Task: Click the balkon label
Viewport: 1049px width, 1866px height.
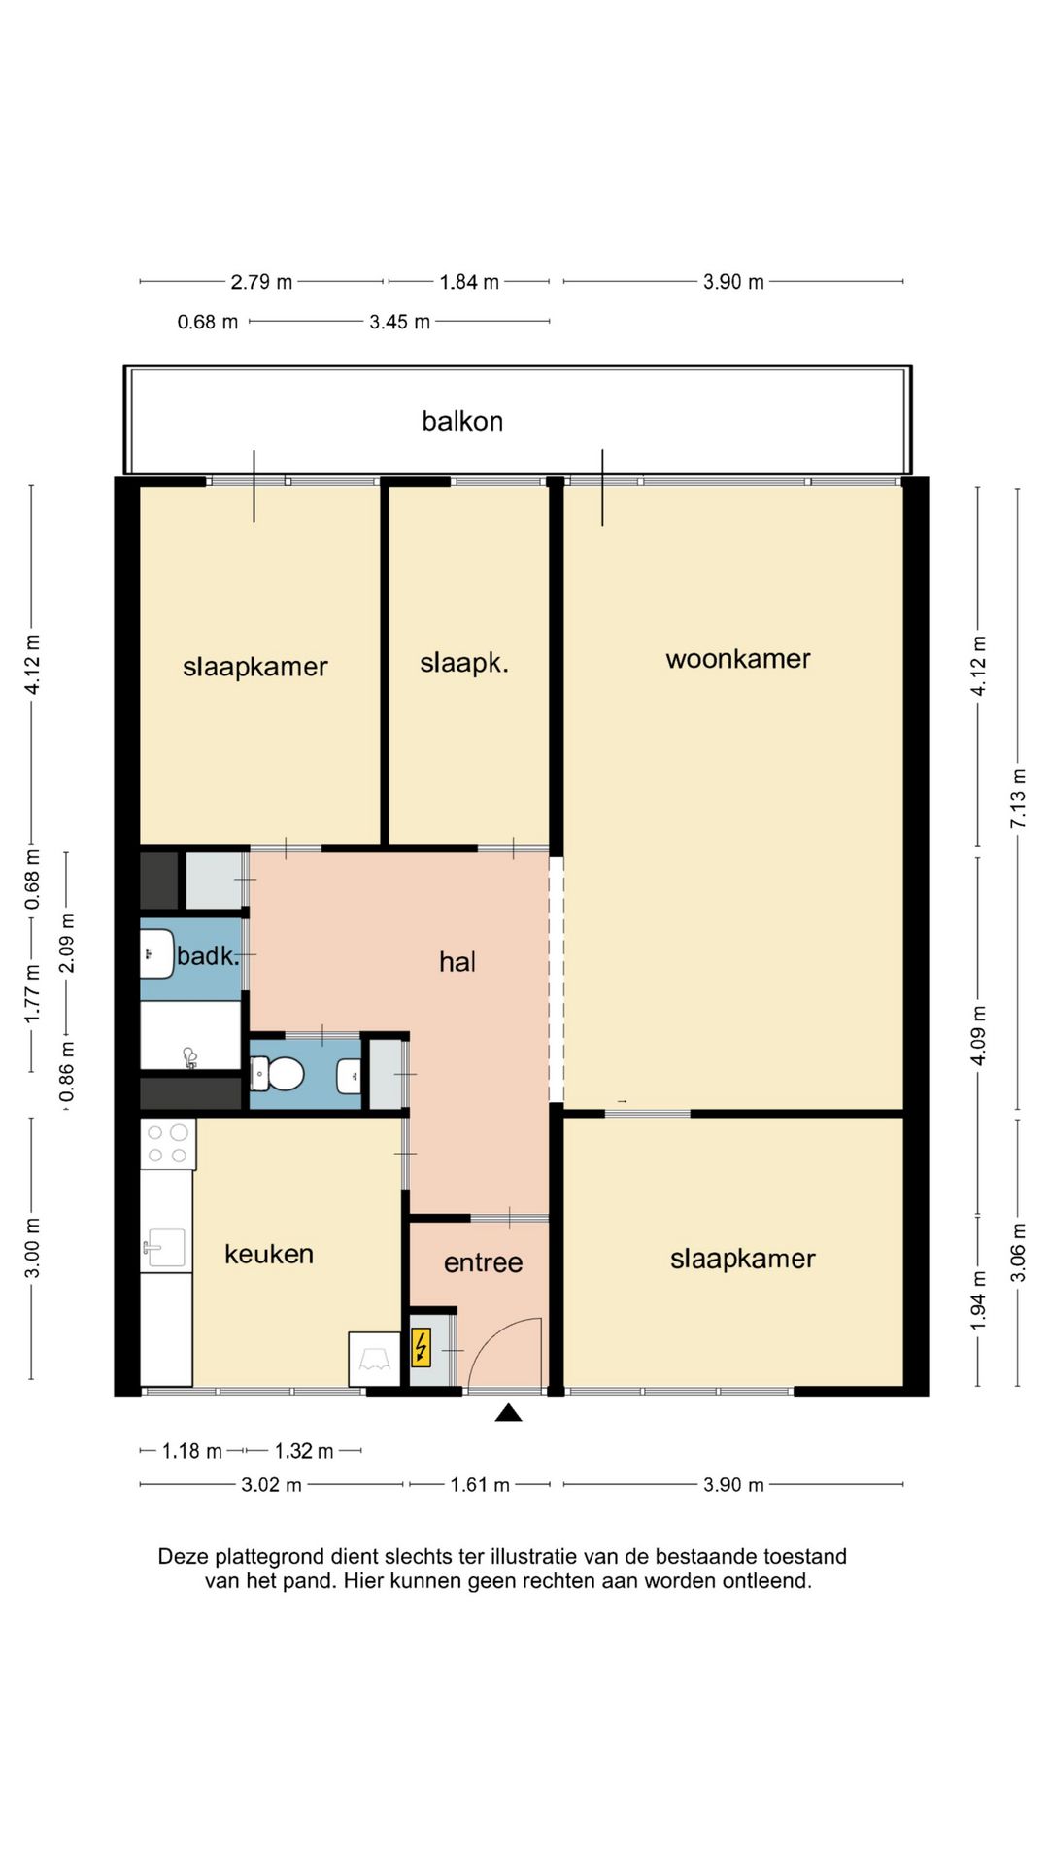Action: click(462, 422)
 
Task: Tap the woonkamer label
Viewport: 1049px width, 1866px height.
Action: click(738, 659)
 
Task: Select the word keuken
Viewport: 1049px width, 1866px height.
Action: click(269, 1254)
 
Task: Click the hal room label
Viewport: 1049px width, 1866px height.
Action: click(457, 962)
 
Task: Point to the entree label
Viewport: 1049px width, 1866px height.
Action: click(484, 1262)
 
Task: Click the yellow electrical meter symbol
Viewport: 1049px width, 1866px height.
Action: click(421, 1348)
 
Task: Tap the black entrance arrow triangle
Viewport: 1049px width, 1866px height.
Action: click(508, 1412)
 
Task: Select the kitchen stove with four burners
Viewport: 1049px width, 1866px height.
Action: click(168, 1144)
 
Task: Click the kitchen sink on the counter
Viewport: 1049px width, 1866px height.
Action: click(166, 1248)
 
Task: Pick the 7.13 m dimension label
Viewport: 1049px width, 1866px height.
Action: click(1018, 799)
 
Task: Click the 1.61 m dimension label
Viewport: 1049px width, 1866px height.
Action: click(480, 1485)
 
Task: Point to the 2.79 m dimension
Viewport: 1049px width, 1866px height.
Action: click(261, 282)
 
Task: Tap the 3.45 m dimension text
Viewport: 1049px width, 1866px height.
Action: click(399, 322)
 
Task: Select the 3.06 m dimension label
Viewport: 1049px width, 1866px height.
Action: click(1018, 1251)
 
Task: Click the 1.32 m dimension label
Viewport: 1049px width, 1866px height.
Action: click(304, 1451)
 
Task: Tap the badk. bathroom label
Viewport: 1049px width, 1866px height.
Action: click(208, 956)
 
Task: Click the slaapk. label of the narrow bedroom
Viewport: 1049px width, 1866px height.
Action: click(464, 663)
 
